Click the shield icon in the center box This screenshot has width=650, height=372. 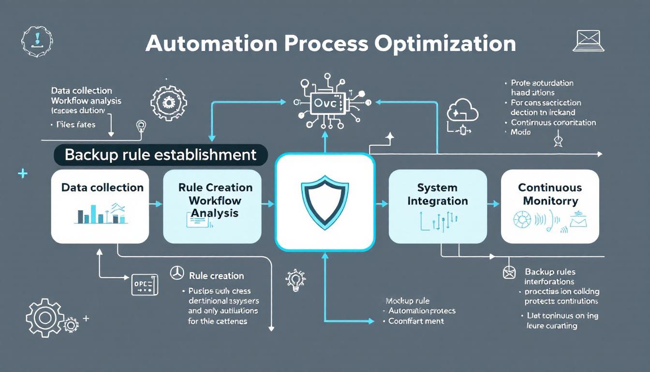coord(325,202)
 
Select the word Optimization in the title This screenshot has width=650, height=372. coord(445,44)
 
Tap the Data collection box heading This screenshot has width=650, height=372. coord(102,188)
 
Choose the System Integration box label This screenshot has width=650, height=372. coord(437,194)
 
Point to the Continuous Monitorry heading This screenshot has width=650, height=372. coord(550,194)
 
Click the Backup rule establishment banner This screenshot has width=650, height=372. coord(160,155)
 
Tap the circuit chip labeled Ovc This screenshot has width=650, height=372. coord(325,103)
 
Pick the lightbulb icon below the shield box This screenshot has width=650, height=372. coord(294,280)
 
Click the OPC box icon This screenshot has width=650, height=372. coord(145,284)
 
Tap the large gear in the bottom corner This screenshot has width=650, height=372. coord(44,318)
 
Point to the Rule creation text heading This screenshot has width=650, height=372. coord(216,276)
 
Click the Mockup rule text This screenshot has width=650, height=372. coord(407,301)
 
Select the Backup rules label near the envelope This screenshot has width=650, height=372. coord(550,272)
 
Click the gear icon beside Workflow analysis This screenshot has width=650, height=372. coord(168,103)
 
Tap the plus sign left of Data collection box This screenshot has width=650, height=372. coord(22,173)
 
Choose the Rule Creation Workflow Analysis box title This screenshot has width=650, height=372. coord(215,200)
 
